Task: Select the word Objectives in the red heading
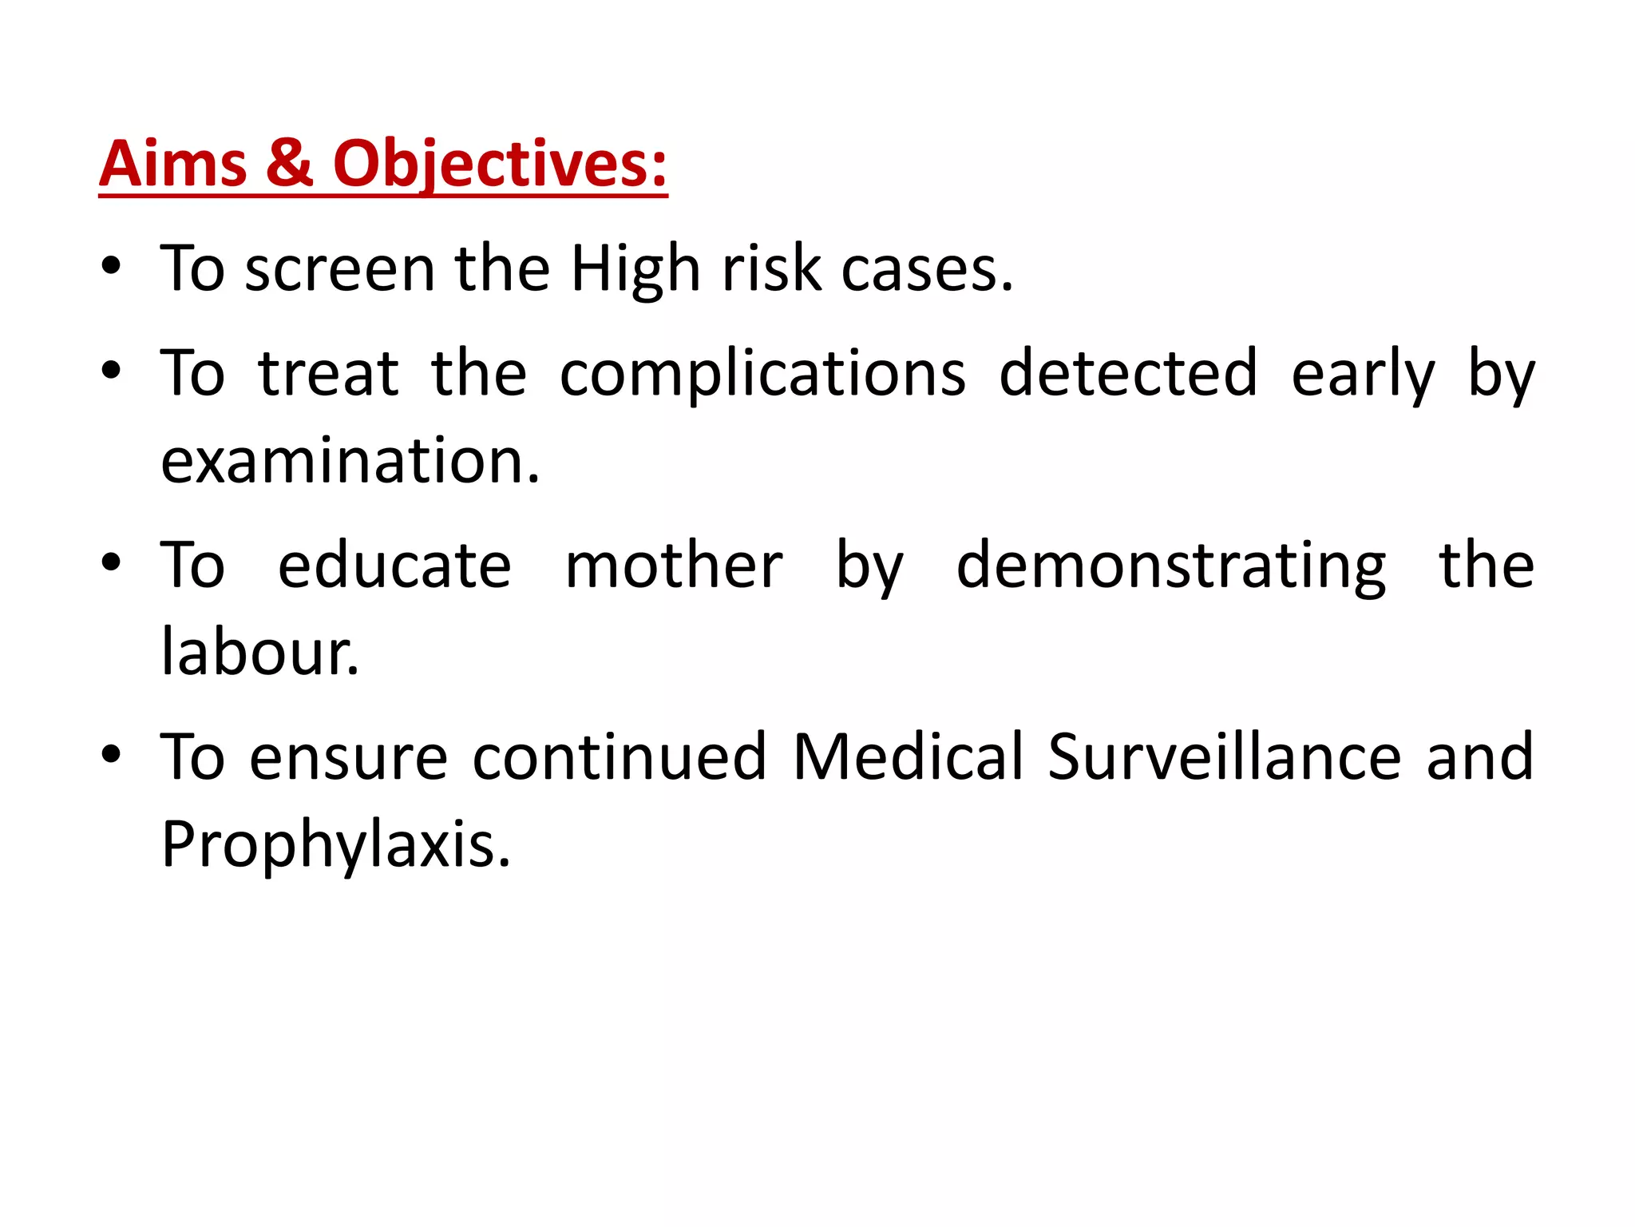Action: [499, 165]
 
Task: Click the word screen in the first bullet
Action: [339, 269]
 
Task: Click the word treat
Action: [328, 373]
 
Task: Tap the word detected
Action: [1128, 373]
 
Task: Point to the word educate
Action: [394, 566]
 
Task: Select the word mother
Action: [674, 566]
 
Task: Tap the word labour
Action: [259, 652]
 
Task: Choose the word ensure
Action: [348, 757]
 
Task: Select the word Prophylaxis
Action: [335, 845]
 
